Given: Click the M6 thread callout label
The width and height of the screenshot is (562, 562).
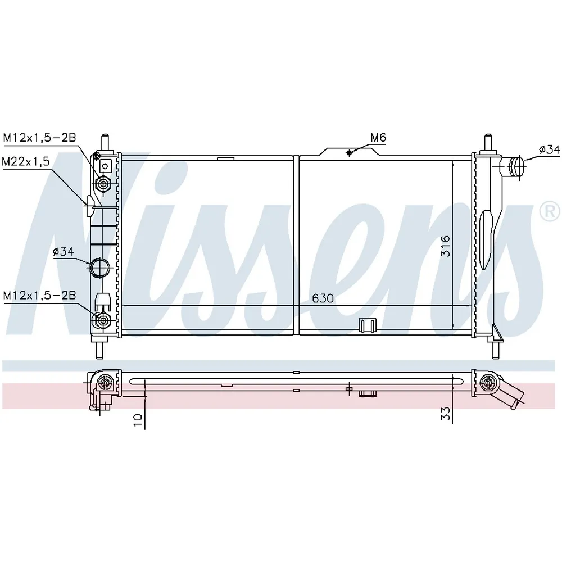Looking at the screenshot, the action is (378, 138).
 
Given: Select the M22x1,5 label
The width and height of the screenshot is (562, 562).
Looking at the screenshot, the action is (26, 162).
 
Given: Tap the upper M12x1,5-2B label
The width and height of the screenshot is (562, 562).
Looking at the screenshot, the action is (39, 138).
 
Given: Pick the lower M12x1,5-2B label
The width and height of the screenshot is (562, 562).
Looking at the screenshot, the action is (39, 296).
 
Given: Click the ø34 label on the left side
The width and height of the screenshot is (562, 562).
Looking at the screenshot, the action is (63, 252).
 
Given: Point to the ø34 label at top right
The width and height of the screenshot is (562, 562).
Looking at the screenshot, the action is (549, 150).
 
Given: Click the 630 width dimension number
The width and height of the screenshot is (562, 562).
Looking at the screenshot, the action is (323, 298).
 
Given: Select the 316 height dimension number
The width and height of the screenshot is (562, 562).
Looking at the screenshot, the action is (445, 246).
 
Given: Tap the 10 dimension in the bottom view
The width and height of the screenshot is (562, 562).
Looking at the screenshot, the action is (138, 420).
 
